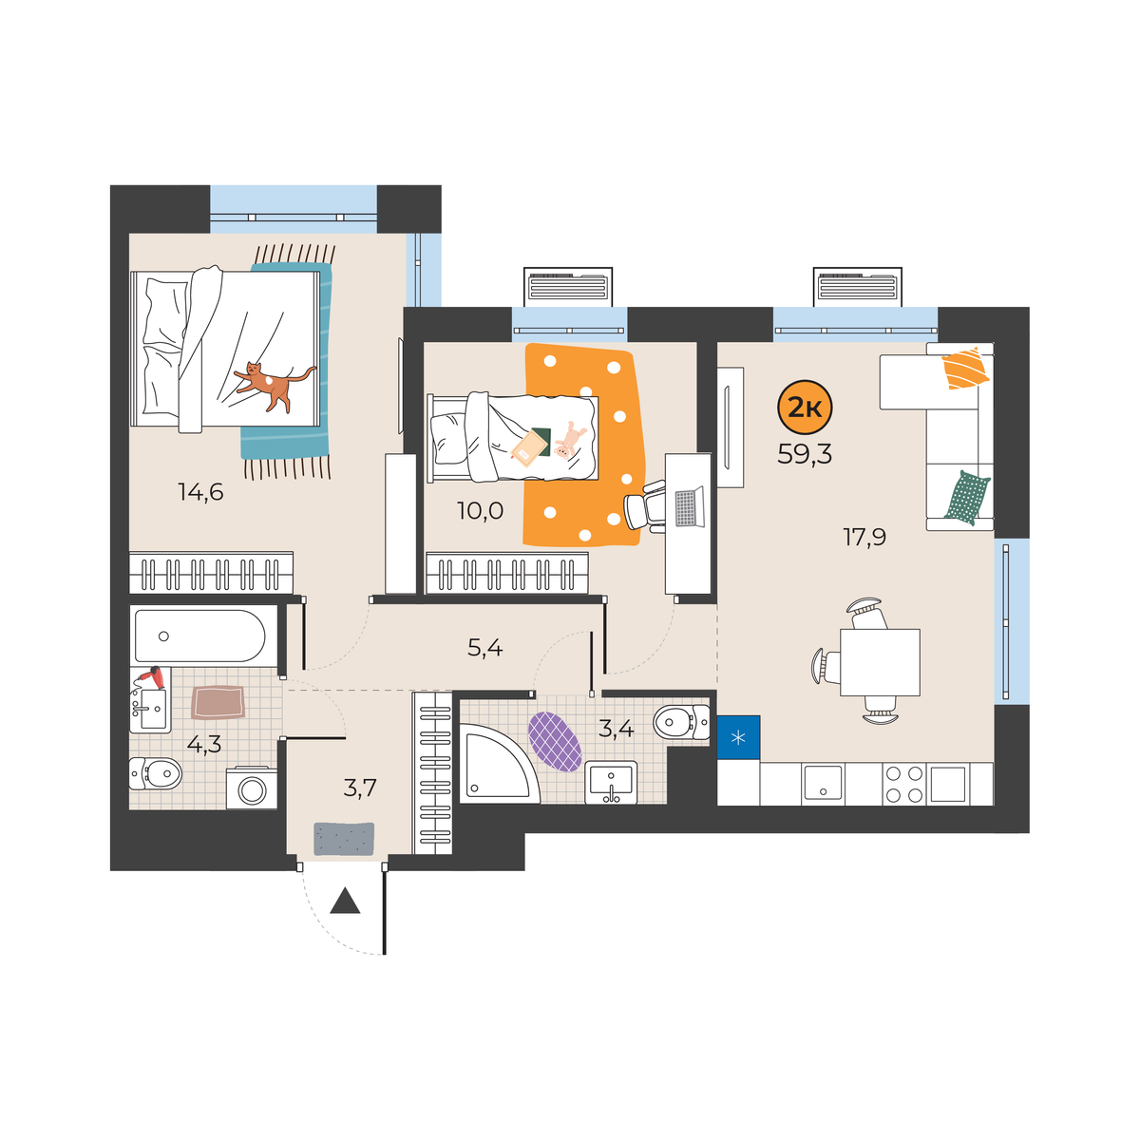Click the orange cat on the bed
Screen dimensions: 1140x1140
274,384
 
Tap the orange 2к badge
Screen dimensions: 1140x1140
805,408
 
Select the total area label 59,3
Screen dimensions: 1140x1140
805,454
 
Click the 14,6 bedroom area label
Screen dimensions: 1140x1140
201,491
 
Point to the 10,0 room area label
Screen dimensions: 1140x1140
480,510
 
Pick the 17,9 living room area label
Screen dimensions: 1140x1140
864,537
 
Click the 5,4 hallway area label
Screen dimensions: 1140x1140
485,648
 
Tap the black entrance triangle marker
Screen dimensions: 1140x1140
345,901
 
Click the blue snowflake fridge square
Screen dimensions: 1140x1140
738,737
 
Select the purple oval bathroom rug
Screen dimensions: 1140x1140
554,741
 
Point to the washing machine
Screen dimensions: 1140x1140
252,788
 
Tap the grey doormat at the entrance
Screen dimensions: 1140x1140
344,838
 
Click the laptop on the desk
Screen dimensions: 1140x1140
689,506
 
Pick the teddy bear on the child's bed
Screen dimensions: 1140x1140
569,440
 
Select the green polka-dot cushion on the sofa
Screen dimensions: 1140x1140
967,498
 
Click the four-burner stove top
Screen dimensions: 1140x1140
904,784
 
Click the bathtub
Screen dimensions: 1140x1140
199,636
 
